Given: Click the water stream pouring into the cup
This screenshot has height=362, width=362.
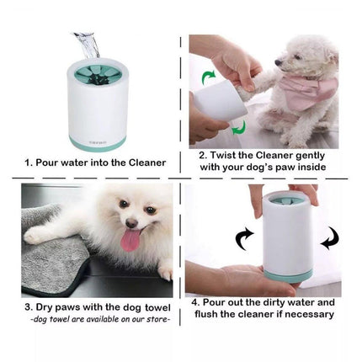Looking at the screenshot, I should [86, 42].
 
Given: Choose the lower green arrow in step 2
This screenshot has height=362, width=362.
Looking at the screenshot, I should [238, 126].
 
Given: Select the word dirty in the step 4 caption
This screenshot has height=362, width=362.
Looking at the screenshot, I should [274, 301].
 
